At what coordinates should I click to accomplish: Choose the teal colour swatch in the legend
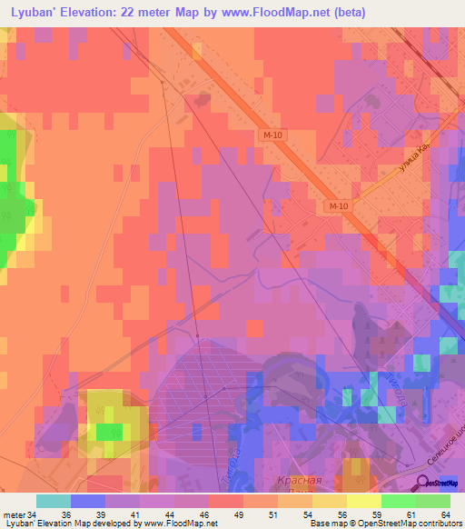click(x=54, y=501)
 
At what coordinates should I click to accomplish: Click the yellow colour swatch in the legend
click(x=363, y=501)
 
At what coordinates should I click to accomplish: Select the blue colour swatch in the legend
click(x=88, y=501)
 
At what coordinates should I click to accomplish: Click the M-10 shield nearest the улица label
click(x=339, y=206)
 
